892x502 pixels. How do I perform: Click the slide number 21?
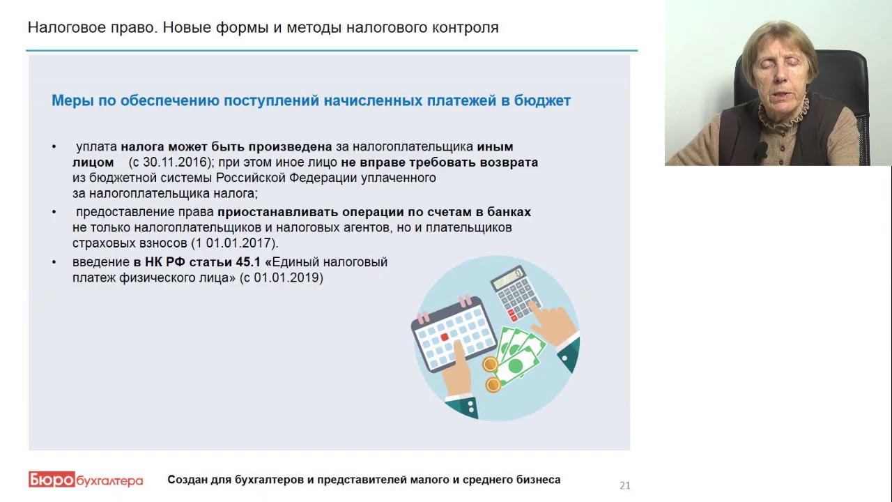pos(624,485)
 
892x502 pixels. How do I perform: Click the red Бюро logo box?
pos(50,480)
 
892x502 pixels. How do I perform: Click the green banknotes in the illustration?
pos(520,355)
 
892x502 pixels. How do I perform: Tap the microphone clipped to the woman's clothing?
pos(761,149)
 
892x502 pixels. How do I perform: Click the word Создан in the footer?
pos(187,480)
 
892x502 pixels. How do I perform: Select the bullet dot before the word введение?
pos(54,263)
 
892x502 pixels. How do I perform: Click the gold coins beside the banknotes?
pos(491,374)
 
